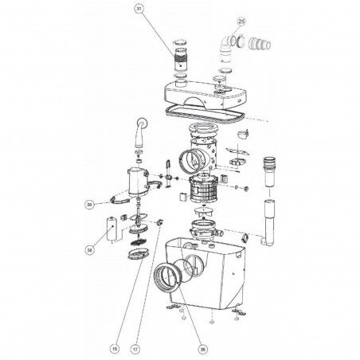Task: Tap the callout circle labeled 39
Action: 92,205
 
